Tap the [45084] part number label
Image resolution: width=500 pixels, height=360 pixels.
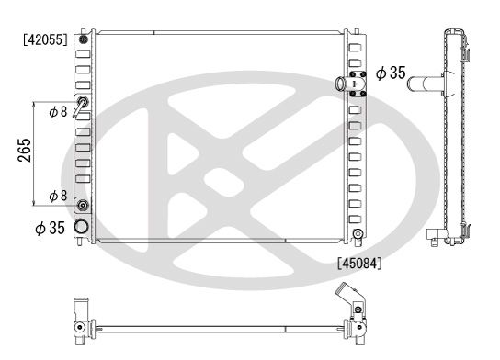[359, 264]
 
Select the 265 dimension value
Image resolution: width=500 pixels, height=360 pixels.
[24, 152]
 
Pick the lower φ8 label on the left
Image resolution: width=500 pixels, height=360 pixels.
[58, 195]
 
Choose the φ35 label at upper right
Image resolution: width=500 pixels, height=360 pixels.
[391, 73]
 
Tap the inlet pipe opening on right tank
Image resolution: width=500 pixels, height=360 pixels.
[341, 85]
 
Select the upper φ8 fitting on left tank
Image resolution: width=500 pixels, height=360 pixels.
[84, 103]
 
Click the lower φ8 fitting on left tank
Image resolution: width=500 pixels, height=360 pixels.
[84, 206]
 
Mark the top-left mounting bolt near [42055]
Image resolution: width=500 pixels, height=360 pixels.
[85, 38]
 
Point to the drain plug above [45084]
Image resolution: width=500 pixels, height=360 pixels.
[357, 235]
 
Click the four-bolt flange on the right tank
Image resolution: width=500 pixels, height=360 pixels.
[356, 84]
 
